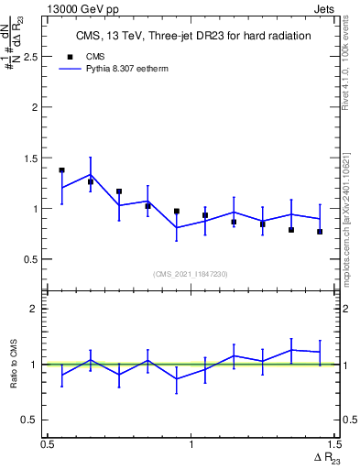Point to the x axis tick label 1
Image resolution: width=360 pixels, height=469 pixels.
click(191, 444)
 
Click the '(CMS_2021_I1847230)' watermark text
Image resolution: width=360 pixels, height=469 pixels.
click(191, 273)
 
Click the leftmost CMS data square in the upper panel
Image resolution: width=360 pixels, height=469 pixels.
click(61, 170)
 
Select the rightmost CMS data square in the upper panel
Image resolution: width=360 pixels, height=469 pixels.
click(320, 232)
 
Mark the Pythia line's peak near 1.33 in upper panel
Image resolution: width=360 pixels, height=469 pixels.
click(90, 174)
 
